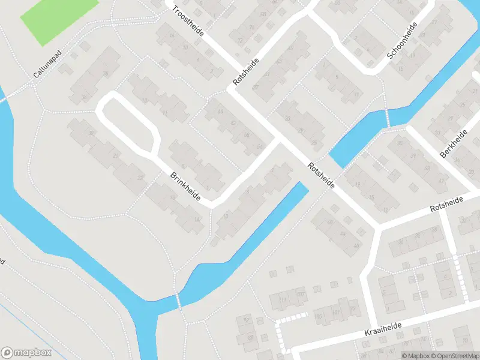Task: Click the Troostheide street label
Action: [188, 20]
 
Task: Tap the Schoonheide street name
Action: [402, 41]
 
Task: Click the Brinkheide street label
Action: [185, 186]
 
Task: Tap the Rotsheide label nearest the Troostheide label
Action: [247, 72]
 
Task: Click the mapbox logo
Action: [26, 353]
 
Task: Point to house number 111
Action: [283, 300]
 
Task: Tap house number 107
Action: [300, 296]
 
